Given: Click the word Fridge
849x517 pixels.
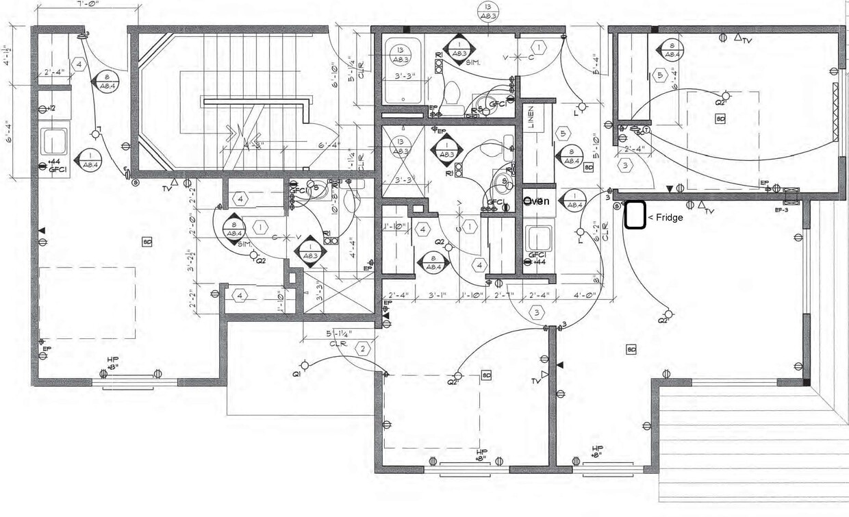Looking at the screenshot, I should coord(669,217).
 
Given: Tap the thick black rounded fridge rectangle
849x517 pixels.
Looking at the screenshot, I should coord(635,215).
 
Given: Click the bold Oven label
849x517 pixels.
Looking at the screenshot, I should coord(537,201).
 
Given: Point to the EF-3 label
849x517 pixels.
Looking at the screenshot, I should coord(783,210).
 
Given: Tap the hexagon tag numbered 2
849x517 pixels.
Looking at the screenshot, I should coord(364,348).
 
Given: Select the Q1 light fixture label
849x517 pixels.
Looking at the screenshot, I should coord(296,375).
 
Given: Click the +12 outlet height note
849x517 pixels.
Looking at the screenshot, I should coord(50,109).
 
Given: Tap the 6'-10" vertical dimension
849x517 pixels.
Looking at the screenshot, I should coord(335,76).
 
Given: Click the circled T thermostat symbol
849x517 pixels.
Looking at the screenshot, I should coord(646,130).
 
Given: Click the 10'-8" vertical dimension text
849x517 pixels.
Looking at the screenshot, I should coord(335,204).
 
